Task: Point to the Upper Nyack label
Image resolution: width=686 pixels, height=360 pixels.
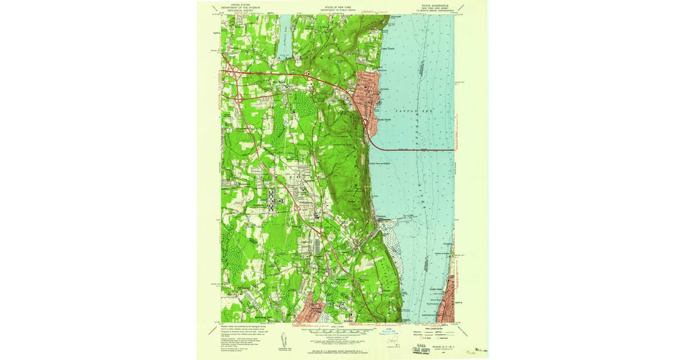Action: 388,49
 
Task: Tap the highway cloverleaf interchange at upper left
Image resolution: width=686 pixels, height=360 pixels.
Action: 233,73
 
